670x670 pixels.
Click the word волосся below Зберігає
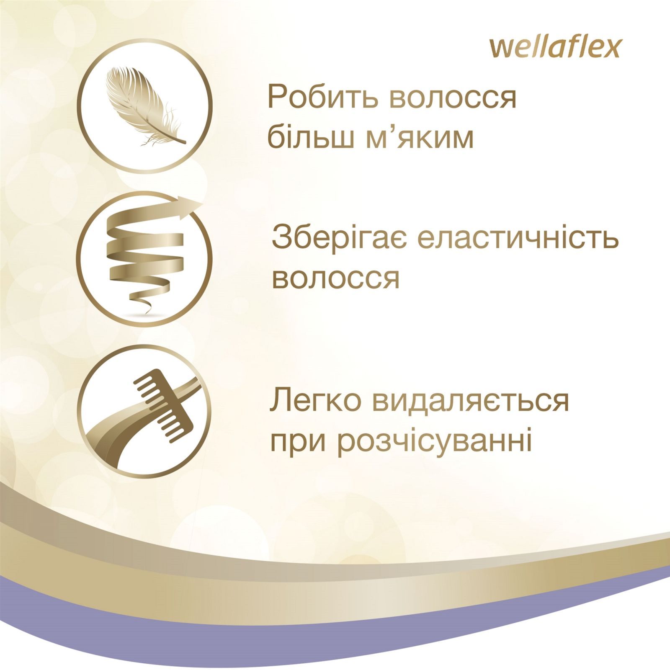(335, 278)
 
